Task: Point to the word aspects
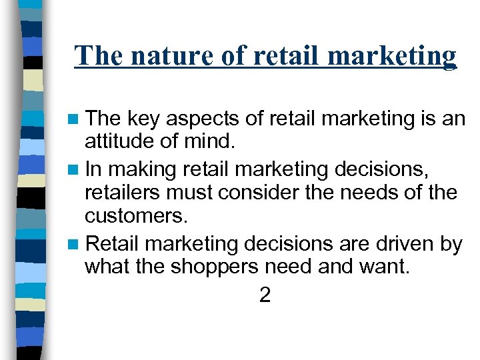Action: pos(200,119)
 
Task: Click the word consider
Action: pos(270,193)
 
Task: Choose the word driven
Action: pos(399,244)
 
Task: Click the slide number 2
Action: pos(265,295)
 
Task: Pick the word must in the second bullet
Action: pos(203,193)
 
